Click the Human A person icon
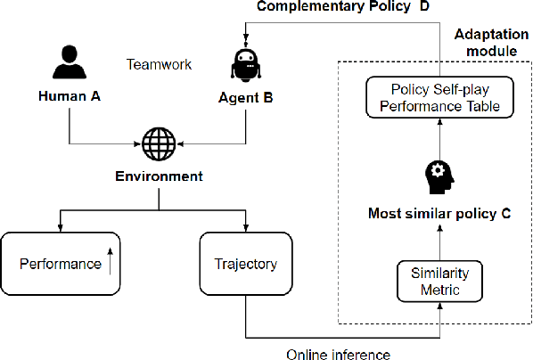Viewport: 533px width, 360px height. [68, 64]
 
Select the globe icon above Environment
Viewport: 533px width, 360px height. [159, 142]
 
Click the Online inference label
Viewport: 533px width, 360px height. [338, 354]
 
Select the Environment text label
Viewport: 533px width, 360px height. [159, 176]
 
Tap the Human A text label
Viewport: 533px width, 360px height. [68, 95]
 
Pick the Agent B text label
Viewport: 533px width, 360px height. [245, 95]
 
